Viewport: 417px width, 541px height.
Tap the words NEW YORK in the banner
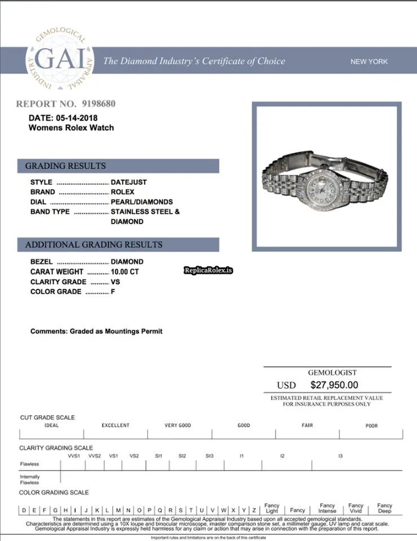tap(369, 61)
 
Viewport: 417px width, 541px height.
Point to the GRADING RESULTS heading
tap(65, 166)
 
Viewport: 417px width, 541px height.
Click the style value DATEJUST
tap(128, 182)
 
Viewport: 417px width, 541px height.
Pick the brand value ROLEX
tap(123, 192)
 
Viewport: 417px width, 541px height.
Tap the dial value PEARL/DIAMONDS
tap(141, 202)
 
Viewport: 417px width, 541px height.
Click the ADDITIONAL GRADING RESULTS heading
tap(94, 245)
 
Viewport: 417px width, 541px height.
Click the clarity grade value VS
tap(116, 282)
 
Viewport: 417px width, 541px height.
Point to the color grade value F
tap(113, 291)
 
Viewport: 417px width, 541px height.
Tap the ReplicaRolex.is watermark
tap(208, 270)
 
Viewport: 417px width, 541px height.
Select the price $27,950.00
tap(334, 385)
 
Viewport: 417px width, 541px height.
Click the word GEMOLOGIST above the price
tap(332, 373)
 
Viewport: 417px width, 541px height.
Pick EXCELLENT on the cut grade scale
tap(116, 425)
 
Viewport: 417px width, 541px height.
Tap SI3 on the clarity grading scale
tap(210, 455)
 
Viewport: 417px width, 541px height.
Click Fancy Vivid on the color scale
tap(356, 508)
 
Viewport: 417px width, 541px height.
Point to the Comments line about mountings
tap(96, 331)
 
